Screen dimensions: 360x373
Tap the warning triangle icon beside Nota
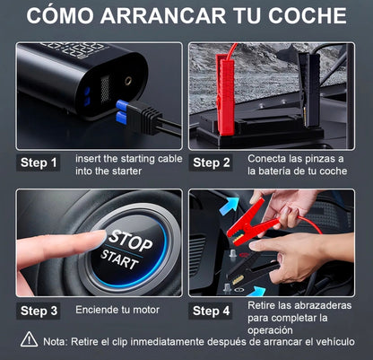(x=30, y=341)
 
